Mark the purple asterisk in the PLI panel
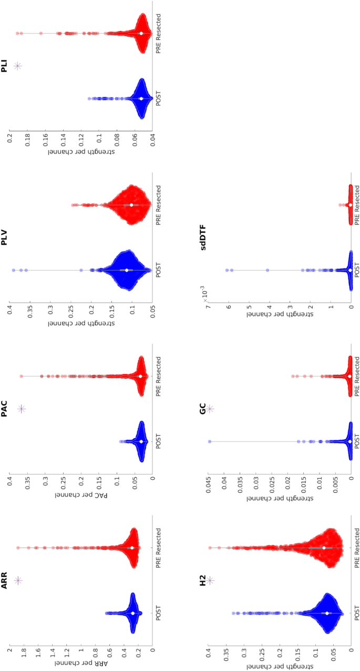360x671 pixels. (x=17, y=66)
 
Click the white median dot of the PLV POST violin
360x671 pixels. (x=127, y=270)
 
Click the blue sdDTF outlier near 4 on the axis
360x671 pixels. (x=268, y=270)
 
